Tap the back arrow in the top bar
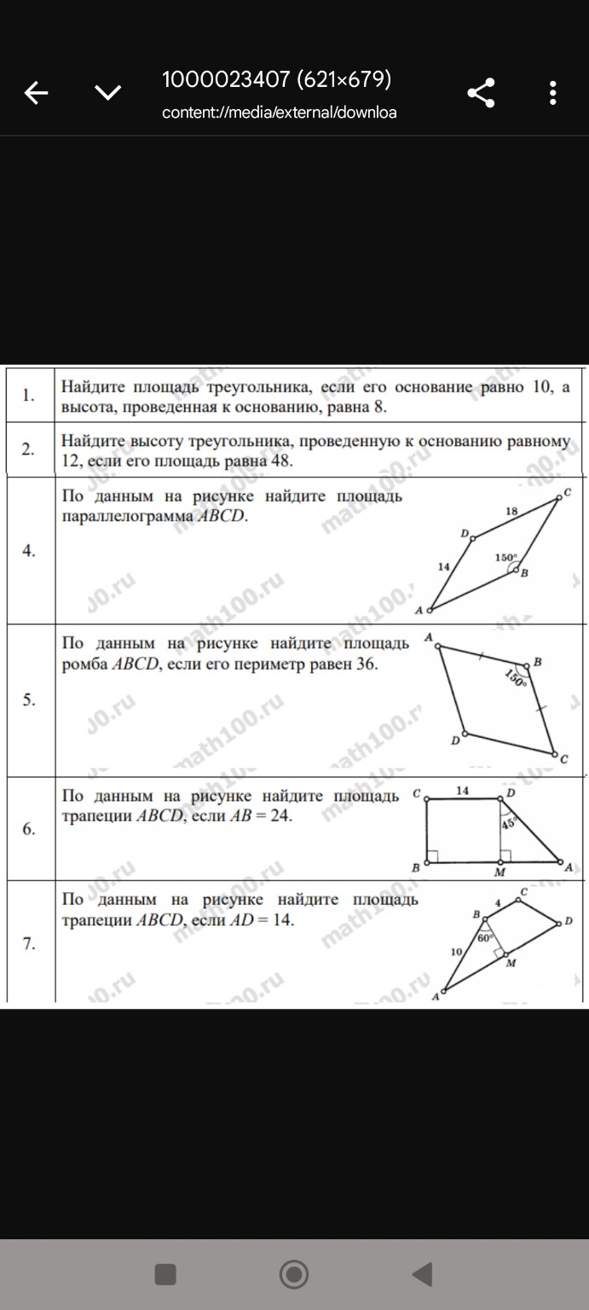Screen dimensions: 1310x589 [36, 92]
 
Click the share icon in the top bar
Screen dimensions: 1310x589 [482, 92]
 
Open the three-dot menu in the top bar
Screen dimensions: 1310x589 [553, 92]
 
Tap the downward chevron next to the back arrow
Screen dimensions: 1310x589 [107, 92]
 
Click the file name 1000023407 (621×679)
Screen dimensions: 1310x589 [277, 79]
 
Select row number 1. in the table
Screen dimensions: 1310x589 [29, 395]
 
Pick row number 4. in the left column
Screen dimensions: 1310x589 [29, 551]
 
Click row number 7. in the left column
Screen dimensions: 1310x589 [29, 944]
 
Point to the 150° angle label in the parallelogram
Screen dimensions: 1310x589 [505, 558]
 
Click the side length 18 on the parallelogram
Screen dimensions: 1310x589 [511, 511]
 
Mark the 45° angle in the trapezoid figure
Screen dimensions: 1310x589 [509, 824]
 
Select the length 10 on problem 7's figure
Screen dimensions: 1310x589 [456, 951]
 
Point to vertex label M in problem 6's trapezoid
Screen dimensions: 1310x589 [500, 873]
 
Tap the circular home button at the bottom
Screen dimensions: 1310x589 [294, 1274]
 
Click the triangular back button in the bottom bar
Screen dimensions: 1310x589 [423, 1274]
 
